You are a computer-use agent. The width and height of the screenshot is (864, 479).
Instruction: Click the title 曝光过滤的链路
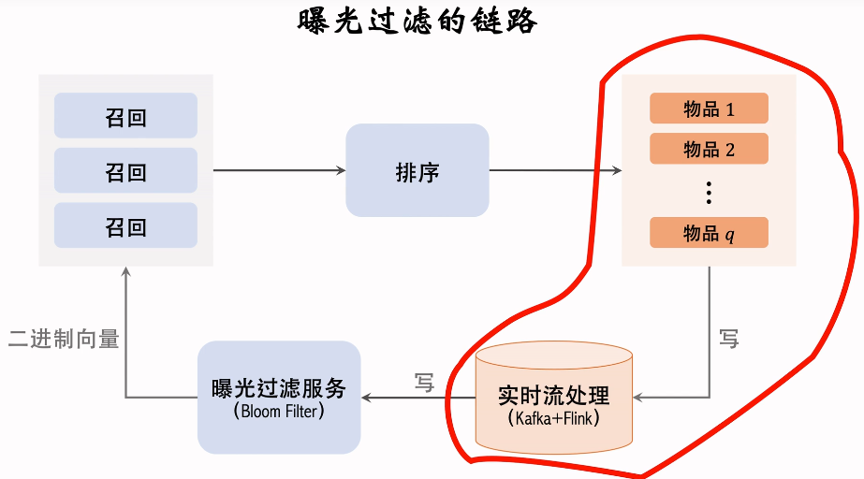point(417,22)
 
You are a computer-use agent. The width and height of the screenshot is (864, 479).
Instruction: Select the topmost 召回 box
point(125,116)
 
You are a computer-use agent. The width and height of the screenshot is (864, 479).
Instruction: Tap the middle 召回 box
point(125,170)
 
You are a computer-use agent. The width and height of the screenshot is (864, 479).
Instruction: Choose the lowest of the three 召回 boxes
point(125,225)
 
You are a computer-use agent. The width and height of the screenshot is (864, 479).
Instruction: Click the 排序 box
point(417,170)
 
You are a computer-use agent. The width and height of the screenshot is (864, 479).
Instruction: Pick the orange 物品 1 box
point(709,108)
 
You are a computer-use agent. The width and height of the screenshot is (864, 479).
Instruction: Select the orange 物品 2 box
point(709,149)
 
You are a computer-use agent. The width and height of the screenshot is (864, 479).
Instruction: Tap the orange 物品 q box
point(709,232)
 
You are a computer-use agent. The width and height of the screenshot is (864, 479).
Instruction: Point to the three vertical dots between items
point(709,193)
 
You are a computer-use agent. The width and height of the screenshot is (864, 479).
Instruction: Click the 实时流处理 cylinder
point(554,398)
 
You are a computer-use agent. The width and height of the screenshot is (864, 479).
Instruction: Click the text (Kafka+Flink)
point(554,418)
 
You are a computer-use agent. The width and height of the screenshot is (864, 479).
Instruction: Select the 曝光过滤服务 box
point(279,398)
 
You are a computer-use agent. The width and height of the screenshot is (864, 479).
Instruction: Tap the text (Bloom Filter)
point(279,411)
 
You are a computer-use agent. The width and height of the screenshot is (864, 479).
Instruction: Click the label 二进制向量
point(64,339)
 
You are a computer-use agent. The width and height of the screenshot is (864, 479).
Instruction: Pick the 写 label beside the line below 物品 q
point(728,338)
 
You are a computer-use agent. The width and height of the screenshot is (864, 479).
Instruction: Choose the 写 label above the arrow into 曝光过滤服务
point(424,382)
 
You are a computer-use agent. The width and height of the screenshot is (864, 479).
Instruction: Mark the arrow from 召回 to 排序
point(279,170)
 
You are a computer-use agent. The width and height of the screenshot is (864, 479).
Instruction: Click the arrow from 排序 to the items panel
point(555,170)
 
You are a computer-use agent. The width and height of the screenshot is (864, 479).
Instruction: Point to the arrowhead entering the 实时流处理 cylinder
point(637,397)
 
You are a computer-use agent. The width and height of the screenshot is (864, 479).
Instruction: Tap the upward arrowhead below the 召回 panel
point(125,271)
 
